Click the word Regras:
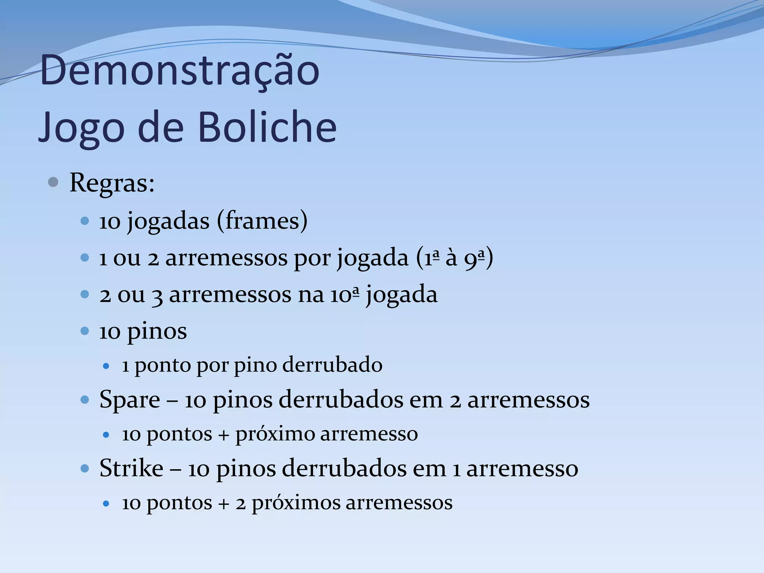(112, 183)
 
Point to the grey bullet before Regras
(53, 182)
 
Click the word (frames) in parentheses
(262, 220)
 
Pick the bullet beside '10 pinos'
(85, 331)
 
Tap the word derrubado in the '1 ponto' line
(332, 364)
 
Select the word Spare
(130, 400)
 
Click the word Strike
(131, 468)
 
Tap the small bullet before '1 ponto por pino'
(106, 366)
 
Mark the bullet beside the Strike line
(85, 468)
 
